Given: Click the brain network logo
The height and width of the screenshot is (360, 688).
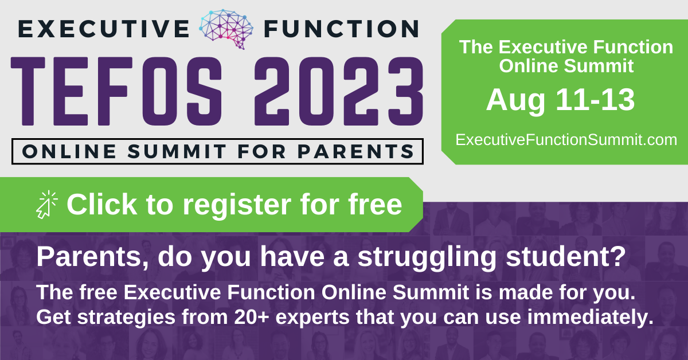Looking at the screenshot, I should click(x=226, y=29).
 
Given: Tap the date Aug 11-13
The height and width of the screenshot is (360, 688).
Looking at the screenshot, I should click(x=560, y=101).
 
